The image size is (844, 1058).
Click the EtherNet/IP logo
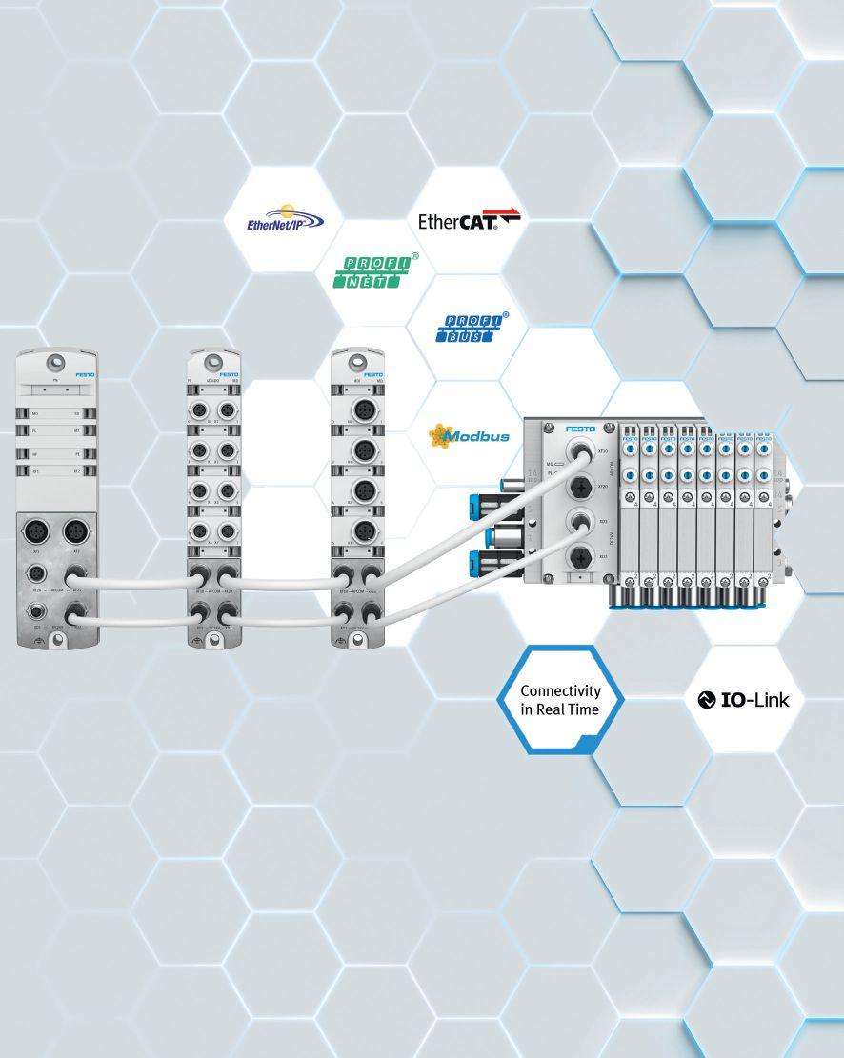click(x=286, y=219)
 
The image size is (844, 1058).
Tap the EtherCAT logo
click(x=470, y=221)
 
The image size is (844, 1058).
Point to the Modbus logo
click(x=470, y=436)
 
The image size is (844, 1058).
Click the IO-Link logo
click(x=744, y=700)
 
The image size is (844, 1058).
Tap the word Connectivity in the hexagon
click(x=560, y=690)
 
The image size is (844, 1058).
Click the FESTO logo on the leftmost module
click(x=85, y=375)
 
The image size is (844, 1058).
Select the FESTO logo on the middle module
click(x=230, y=375)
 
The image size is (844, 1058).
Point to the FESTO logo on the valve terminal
click(x=579, y=430)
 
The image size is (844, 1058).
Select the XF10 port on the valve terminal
click(x=577, y=450)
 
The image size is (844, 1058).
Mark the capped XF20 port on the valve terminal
click(x=577, y=486)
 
